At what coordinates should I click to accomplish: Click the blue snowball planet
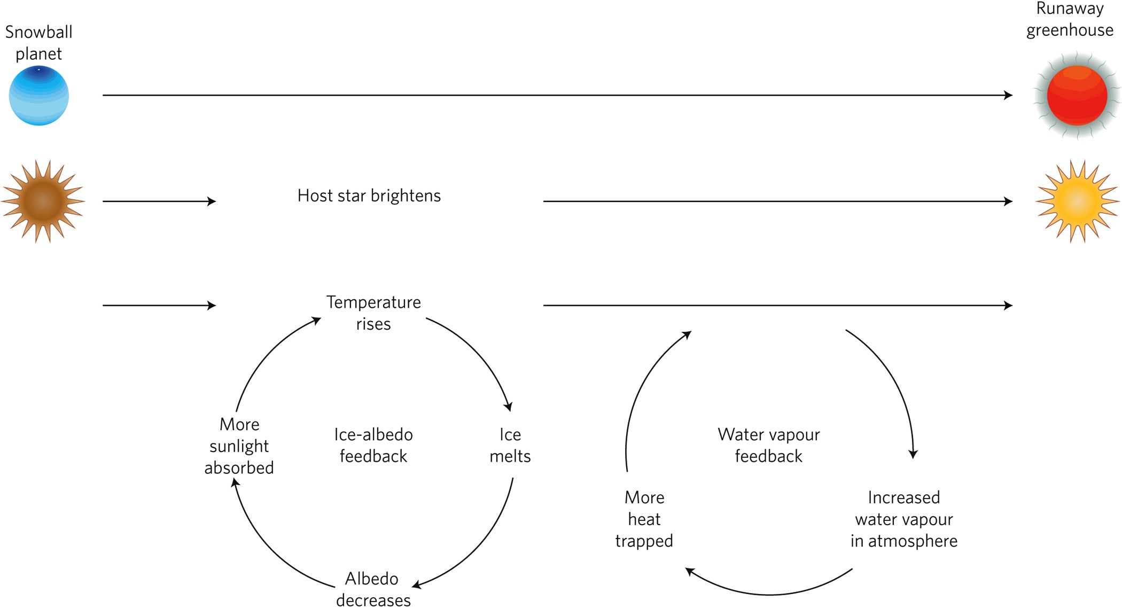pyautogui.click(x=38, y=96)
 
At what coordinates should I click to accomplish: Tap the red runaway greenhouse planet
pyautogui.click(x=1077, y=96)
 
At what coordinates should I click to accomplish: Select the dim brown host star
pyautogui.click(x=43, y=201)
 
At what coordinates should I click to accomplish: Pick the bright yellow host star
pyautogui.click(x=1077, y=201)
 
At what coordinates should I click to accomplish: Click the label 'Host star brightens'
pyautogui.click(x=369, y=196)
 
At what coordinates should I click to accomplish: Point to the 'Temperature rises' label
pyautogui.click(x=373, y=313)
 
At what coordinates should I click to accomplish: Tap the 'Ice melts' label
pyautogui.click(x=510, y=445)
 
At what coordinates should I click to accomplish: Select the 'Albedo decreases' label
pyautogui.click(x=373, y=589)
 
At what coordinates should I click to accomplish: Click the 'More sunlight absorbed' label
pyautogui.click(x=239, y=446)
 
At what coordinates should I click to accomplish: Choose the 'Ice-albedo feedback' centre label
pyautogui.click(x=373, y=445)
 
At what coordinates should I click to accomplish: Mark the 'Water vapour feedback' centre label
pyautogui.click(x=768, y=445)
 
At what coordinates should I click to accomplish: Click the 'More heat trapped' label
pyautogui.click(x=644, y=519)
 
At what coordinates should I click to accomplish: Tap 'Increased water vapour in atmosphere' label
pyautogui.click(x=903, y=519)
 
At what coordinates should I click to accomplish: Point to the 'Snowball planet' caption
pyautogui.click(x=38, y=43)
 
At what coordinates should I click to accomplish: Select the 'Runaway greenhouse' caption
pyautogui.click(x=1070, y=19)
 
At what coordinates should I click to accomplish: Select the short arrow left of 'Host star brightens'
pyautogui.click(x=159, y=201)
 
